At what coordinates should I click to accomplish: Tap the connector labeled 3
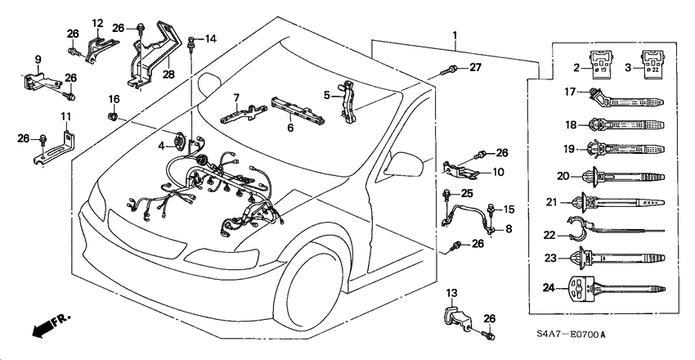pyautogui.click(x=652, y=63)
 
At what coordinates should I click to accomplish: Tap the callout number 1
pyautogui.click(x=454, y=35)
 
